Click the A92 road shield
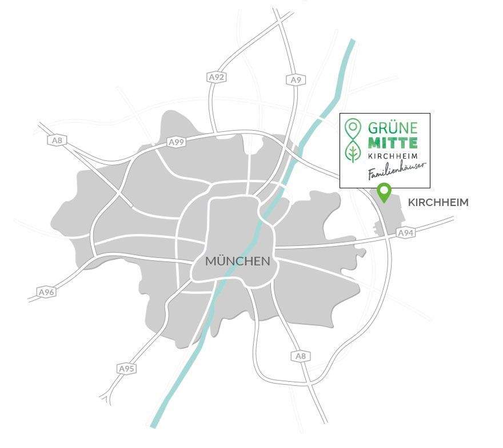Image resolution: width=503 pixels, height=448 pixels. coord(215,76)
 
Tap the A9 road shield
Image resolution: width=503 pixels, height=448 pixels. coord(296,80)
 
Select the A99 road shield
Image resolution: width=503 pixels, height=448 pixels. coord(177,142)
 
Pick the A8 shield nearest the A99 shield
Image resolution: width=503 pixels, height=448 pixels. coord(57,140)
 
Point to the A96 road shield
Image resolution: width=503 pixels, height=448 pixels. coord(46,292)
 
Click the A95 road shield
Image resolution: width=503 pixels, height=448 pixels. coord(126,369)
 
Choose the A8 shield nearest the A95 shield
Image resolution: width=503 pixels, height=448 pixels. coord(301,356)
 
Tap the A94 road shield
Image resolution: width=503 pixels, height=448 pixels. coord(405,233)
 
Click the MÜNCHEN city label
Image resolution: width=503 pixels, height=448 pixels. coord(237,261)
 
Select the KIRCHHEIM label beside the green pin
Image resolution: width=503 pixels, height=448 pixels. coord(438,203)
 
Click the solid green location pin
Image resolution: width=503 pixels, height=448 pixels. coord(385,192)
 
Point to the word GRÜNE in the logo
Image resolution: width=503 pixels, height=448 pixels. coord(393,127)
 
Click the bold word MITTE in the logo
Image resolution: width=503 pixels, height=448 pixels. coord(393,142)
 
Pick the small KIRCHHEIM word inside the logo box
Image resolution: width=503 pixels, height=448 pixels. coord(393,156)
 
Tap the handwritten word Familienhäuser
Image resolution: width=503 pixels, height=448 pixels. coord(396,171)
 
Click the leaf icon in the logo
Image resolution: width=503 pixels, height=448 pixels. coord(354,152)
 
